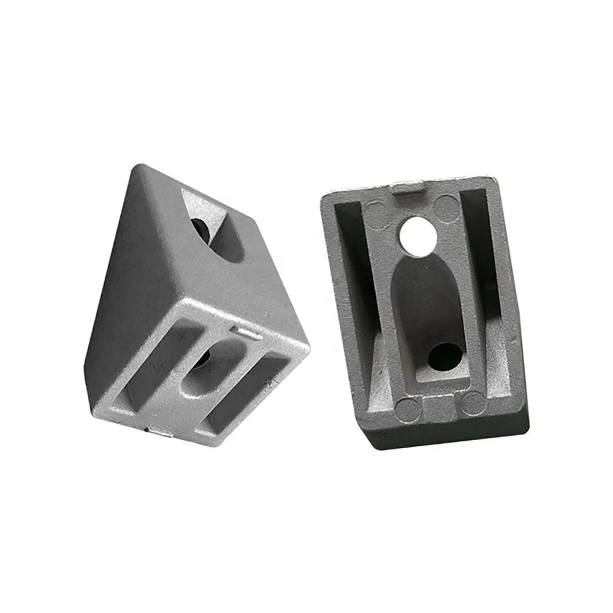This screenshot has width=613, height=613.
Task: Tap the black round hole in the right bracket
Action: point(444,356)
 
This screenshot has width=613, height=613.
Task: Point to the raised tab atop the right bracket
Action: point(409,186)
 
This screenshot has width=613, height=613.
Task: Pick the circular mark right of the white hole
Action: point(447,208)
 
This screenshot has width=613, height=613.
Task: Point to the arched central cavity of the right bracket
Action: point(426,306)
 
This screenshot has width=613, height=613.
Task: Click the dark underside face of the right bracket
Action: point(454,435)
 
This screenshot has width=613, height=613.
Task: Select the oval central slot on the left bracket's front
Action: point(211,368)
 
